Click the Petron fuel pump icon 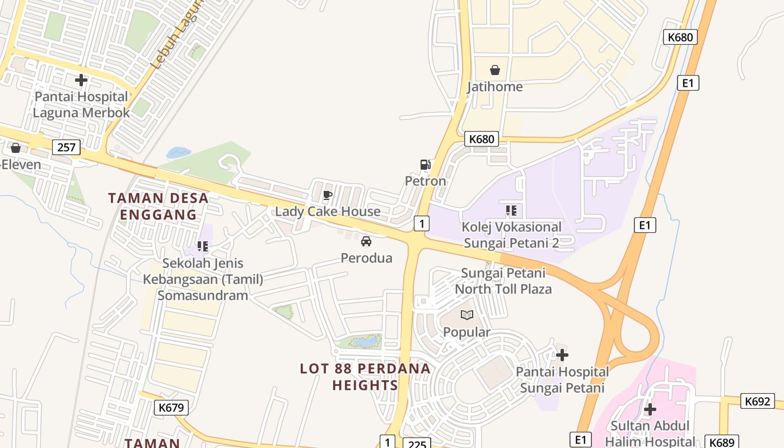click(x=426, y=165)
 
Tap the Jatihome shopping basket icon click(x=495, y=70)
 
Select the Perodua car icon click(x=366, y=241)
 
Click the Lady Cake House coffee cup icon click(x=328, y=195)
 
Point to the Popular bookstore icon click(x=467, y=315)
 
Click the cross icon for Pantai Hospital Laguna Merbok click(x=81, y=80)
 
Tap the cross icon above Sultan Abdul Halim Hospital click(x=650, y=409)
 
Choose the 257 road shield click(x=67, y=148)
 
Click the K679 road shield click(x=171, y=408)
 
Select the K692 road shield click(x=758, y=401)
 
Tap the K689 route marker click(x=721, y=441)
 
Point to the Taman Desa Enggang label click(x=158, y=206)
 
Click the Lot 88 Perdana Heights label click(x=365, y=377)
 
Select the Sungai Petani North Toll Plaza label click(x=503, y=281)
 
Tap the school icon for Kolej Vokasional click(x=511, y=211)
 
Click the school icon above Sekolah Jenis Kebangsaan click(x=203, y=246)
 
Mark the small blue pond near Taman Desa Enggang click(x=179, y=152)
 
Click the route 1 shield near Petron click(x=422, y=223)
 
